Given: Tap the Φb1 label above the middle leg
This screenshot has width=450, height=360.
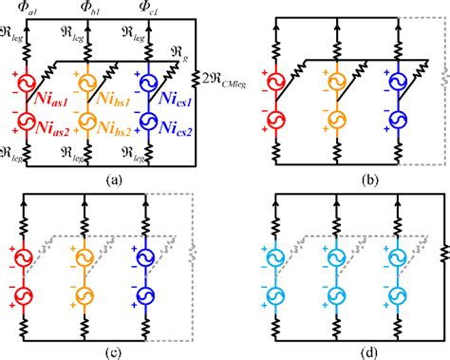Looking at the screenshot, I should tap(94, 9).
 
